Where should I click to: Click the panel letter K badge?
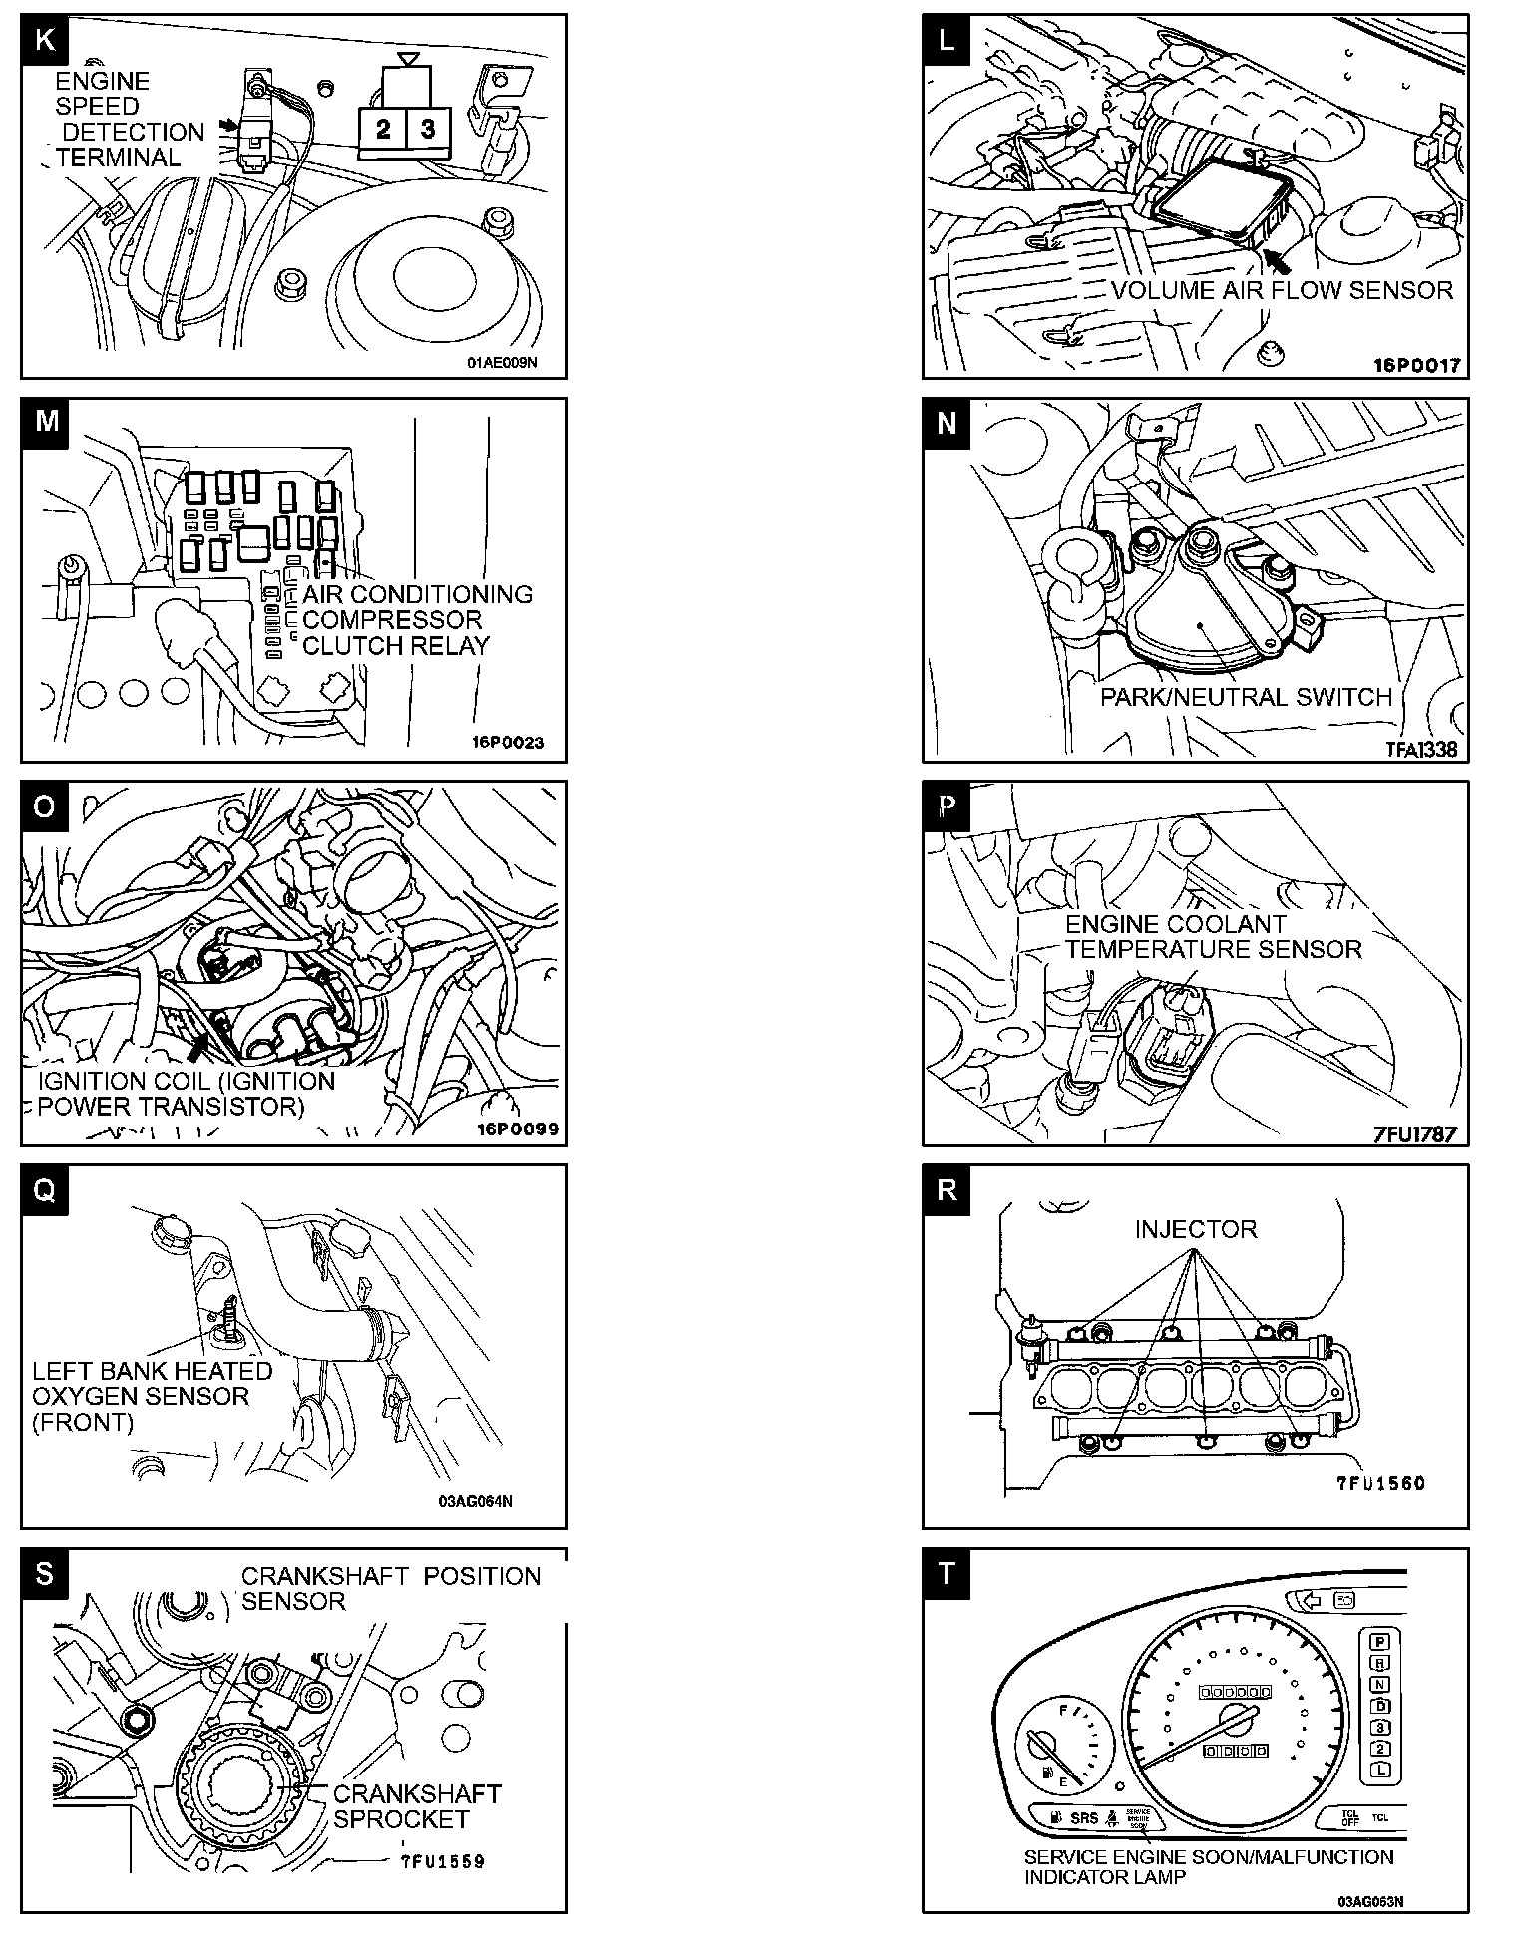(45, 40)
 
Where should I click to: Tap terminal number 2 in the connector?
(383, 129)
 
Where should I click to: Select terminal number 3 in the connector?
(428, 129)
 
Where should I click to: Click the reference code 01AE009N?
(501, 363)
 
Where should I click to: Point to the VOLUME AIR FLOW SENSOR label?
(1282, 290)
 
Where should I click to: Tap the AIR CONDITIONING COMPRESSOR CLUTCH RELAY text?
(417, 620)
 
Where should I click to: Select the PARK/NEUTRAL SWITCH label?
(1246, 697)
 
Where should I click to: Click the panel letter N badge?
(947, 423)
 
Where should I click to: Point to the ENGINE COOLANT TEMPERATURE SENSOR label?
(1213, 937)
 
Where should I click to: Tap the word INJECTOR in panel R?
(1195, 1229)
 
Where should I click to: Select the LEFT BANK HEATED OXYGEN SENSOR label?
(152, 1396)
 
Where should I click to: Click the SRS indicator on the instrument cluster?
(1083, 1817)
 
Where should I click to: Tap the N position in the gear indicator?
(1380, 1684)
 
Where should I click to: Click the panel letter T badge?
(947, 1573)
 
